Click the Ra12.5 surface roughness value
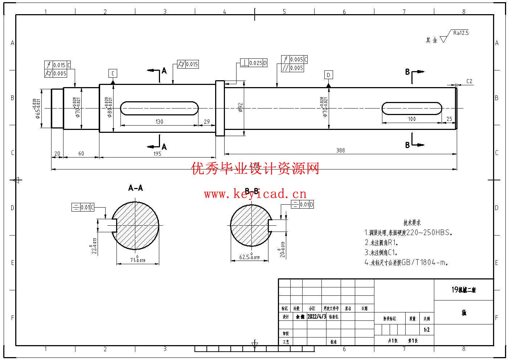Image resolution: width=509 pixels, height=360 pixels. point(461,33)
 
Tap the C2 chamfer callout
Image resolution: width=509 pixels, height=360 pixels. point(469,81)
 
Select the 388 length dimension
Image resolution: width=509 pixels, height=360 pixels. point(340,150)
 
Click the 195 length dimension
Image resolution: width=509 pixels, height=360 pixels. point(157,154)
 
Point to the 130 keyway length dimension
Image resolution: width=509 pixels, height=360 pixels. point(159,122)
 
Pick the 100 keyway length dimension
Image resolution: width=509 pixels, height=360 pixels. point(411,119)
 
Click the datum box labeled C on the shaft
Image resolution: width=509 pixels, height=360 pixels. point(113,74)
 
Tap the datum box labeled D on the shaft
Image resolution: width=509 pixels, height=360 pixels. point(328,75)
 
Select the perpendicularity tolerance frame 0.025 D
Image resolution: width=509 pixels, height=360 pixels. point(254,63)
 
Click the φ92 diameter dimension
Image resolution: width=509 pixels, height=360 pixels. point(240,107)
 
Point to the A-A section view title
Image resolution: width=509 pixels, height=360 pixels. point(135,188)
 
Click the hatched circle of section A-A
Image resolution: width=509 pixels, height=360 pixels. point(135,226)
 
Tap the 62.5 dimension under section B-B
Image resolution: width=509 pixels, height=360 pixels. point(249,257)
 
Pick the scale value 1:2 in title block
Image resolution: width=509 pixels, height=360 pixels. point(427,330)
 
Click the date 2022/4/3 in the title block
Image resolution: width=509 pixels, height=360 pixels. point(317,316)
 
